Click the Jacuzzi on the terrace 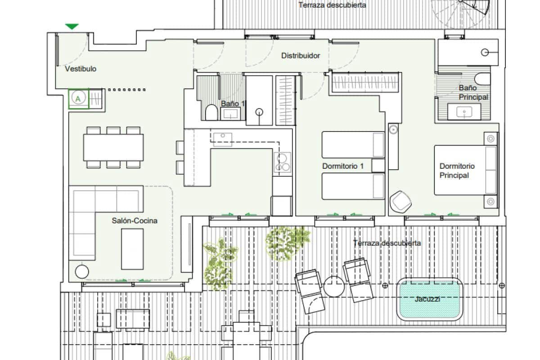click(430, 299)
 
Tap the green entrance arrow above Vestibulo click(72, 27)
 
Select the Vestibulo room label click(81, 69)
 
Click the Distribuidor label click(301, 56)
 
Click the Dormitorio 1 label click(343, 166)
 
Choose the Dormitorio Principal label click(457, 171)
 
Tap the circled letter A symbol click(79, 99)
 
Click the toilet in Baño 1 click(211, 112)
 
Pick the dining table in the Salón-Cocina click(113, 147)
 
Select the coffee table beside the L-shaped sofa click(132, 249)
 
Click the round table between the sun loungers click(334, 287)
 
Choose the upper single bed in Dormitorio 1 click(353, 144)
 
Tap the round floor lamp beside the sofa click(82, 272)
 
